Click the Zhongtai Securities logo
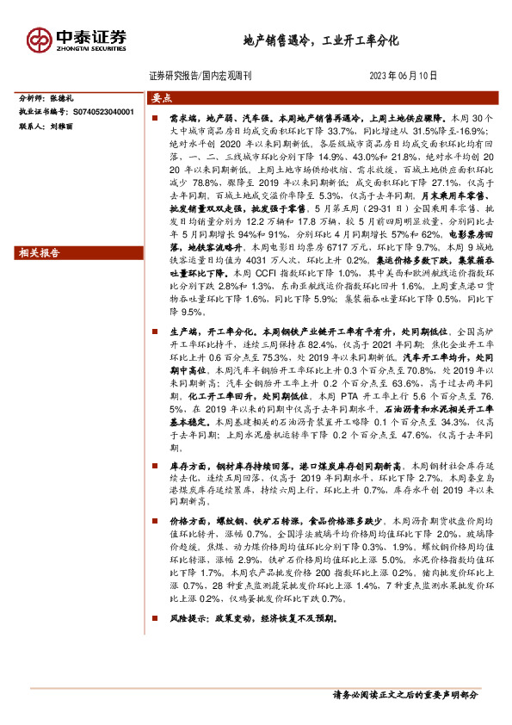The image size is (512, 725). click(x=77, y=39)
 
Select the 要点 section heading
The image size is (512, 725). click(x=162, y=97)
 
